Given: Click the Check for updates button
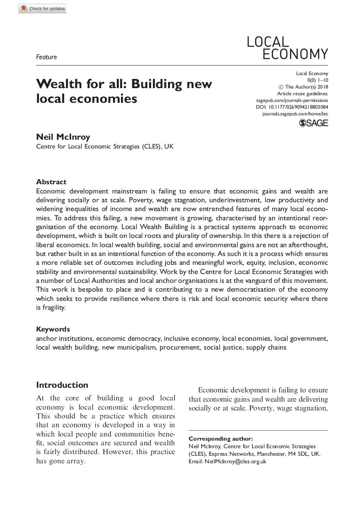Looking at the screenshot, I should click(42, 9).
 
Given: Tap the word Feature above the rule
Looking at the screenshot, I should click(47, 57).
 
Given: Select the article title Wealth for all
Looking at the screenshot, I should click(124, 91).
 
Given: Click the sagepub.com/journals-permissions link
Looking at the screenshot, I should click(292, 101).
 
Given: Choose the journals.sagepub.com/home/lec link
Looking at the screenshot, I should click(295, 114).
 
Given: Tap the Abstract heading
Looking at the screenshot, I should click(51, 182).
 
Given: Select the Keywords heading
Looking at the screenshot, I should click(53, 329).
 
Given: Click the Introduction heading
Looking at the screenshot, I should click(62, 385).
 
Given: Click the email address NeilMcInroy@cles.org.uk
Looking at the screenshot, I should click(235, 461).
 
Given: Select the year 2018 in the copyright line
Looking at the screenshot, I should click(321, 87).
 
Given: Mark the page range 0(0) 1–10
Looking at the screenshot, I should click(318, 80).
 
